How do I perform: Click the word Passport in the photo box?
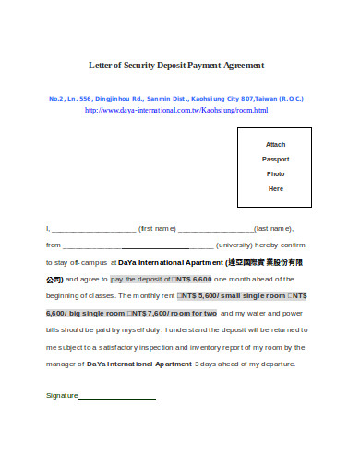(x=275, y=159)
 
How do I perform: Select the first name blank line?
(x=93, y=227)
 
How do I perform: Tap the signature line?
(x=117, y=397)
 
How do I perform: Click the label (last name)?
(x=273, y=227)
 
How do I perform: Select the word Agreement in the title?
(x=238, y=66)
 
